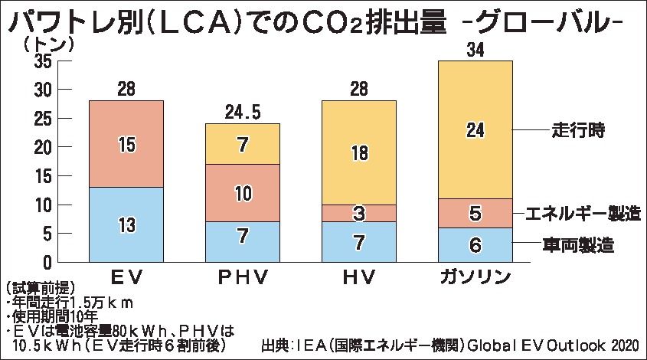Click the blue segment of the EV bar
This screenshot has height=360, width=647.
tap(126, 225)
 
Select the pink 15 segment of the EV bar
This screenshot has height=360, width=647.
tap(126, 143)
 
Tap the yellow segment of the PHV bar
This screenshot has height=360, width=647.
tap(242, 143)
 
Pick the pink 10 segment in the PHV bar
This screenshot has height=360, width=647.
tap(242, 193)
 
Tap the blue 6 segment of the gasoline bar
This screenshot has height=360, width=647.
tap(475, 245)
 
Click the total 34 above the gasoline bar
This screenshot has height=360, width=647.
tap(475, 51)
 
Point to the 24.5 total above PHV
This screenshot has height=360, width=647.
tap(243, 112)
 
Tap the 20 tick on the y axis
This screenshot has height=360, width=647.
tap(43, 147)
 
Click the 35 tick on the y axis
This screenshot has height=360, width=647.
tap(43, 61)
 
